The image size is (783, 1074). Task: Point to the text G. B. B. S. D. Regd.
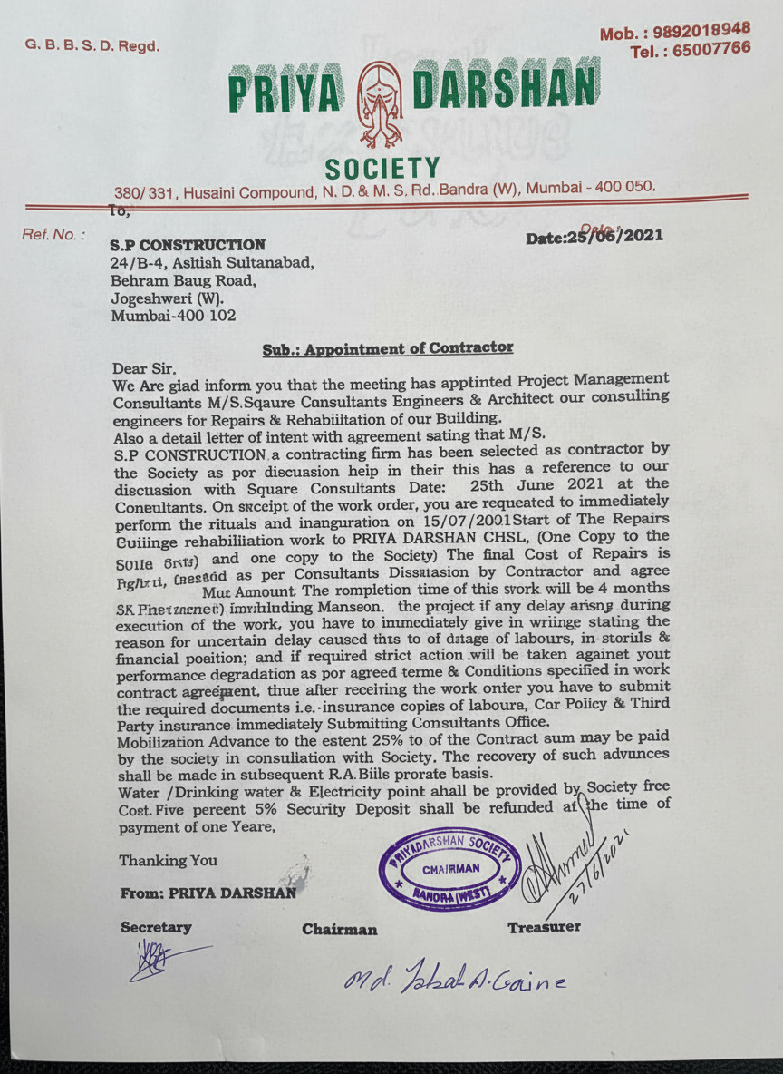[x=92, y=45]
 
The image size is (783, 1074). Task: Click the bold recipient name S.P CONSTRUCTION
[x=188, y=245]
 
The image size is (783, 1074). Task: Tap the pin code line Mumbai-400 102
[x=173, y=316]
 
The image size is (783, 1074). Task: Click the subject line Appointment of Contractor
[x=388, y=348]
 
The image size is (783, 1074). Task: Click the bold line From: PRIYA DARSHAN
[x=208, y=893]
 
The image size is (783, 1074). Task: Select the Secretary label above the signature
[x=156, y=928]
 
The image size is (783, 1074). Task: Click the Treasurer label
[x=544, y=927]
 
